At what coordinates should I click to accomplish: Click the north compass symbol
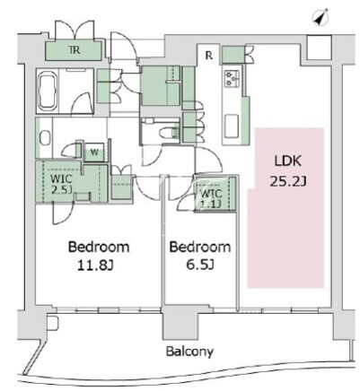pos(320,17)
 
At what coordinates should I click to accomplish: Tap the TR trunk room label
pos(75,50)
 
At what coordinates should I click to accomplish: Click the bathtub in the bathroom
pos(47,91)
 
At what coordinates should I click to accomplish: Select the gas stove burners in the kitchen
pos(232,78)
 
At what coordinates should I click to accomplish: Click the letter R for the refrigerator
pos(209,56)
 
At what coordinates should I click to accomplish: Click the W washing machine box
pos(94,152)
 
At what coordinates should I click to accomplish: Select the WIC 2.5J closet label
pos(61,184)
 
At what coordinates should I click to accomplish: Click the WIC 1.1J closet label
pos(211,198)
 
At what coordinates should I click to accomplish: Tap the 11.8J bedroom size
pos(95,265)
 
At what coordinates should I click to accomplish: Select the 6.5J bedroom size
pos(200,265)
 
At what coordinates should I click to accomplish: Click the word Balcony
pos(189,352)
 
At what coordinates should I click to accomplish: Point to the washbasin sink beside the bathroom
pos(45,138)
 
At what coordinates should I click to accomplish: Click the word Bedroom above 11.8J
pos(99,247)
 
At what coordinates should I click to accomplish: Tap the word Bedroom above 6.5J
pos(200,247)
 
